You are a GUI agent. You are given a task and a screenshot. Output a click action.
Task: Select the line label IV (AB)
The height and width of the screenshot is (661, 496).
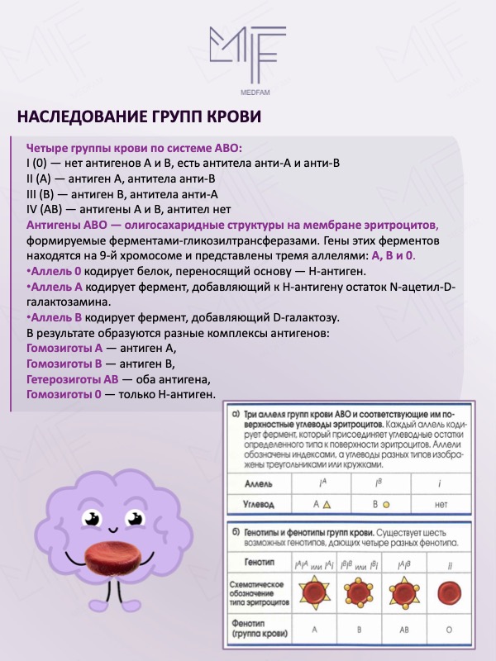point(45,210)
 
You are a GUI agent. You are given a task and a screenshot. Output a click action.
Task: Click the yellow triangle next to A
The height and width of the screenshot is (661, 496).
point(327,502)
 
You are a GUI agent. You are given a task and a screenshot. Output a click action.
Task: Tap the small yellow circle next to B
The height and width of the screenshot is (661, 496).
point(386,502)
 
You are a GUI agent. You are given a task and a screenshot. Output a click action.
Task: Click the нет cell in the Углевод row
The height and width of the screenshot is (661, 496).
point(440,502)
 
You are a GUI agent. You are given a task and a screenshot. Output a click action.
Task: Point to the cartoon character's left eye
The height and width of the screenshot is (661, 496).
point(91,522)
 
